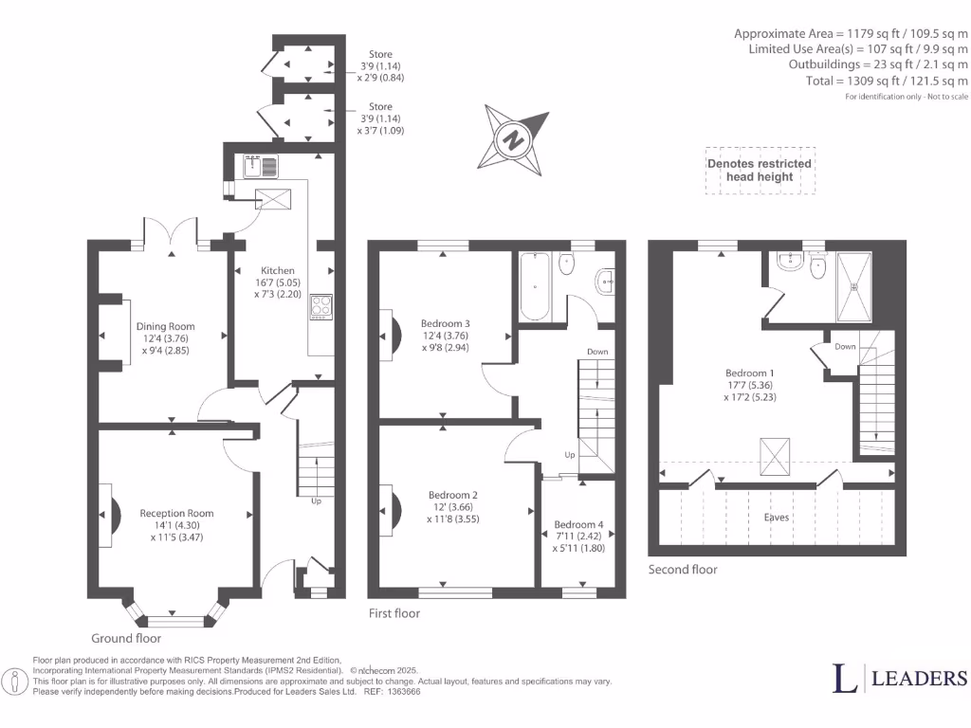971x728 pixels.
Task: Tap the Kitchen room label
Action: pos(278,270)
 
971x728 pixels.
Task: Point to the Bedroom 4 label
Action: pos(577,524)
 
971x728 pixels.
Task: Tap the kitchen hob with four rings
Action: pos(321,306)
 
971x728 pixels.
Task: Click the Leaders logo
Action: pos(900,678)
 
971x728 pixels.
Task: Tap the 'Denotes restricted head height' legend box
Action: pos(760,170)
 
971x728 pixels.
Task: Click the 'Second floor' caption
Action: pos(683,570)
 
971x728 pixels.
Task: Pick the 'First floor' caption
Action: pos(394,613)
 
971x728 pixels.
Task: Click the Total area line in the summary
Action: pos(906,82)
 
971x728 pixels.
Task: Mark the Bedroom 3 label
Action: pos(445,323)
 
